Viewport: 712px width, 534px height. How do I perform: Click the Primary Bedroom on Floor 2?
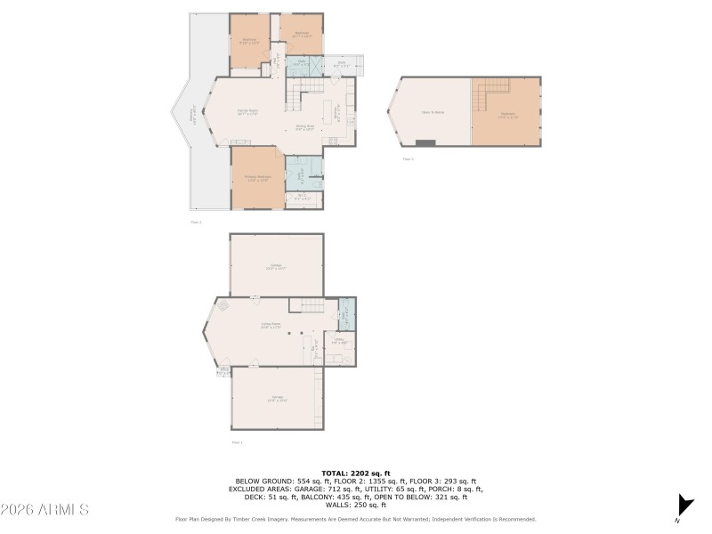point(257,178)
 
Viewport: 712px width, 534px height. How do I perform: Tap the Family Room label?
point(247,111)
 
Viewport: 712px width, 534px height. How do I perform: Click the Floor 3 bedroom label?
point(507,114)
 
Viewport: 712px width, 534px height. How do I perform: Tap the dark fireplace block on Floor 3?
point(426,142)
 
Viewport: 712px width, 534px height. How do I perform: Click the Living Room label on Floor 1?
point(271,326)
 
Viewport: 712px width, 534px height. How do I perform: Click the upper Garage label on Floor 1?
point(276,265)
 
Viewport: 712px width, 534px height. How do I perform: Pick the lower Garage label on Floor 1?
point(276,399)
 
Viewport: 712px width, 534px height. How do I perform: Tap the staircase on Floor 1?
point(311,307)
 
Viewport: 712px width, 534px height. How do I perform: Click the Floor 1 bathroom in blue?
point(346,314)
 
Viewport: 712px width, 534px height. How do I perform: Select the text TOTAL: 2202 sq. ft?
point(355,473)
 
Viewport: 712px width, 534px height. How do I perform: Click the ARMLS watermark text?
point(44,510)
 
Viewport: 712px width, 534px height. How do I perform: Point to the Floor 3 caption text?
point(408,159)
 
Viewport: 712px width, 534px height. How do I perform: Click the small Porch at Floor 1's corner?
point(224,370)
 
